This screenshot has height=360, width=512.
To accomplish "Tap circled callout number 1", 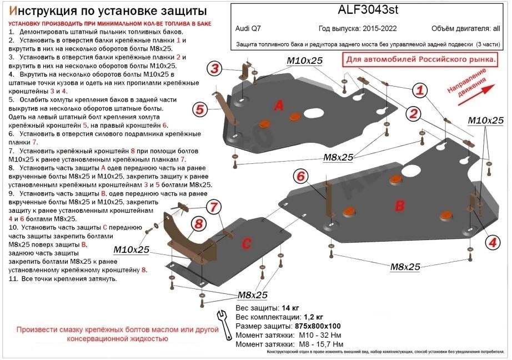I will coord(420,91).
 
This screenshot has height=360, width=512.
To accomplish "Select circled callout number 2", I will coord(413,114).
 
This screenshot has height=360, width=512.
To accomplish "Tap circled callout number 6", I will coord(300,177).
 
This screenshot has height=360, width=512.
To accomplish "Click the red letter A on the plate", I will coord(279,106).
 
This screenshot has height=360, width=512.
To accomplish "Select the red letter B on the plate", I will coord(399,206).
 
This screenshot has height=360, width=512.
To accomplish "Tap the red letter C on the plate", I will coord(247,243).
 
